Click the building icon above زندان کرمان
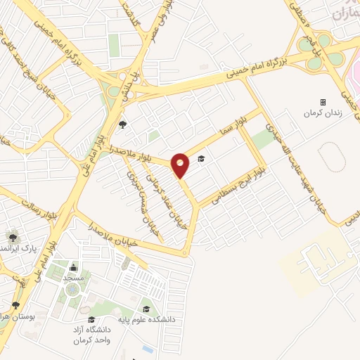(323, 102)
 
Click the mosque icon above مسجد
(73, 267)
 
